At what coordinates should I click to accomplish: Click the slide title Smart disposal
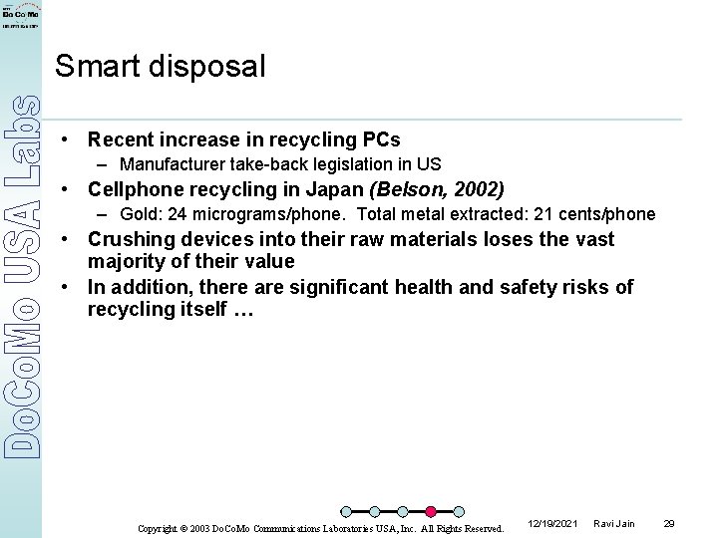click(x=161, y=67)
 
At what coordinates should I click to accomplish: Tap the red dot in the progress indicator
click(x=431, y=512)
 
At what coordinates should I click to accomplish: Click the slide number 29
click(x=669, y=523)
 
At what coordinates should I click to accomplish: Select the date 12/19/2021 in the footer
click(x=550, y=523)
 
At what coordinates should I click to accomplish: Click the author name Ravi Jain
click(x=613, y=523)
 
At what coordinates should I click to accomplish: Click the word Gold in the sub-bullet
click(x=139, y=214)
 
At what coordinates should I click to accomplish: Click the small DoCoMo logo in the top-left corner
click(x=20, y=18)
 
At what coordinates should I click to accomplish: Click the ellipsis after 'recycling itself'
click(x=243, y=310)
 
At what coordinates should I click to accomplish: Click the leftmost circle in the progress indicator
click(x=347, y=512)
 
